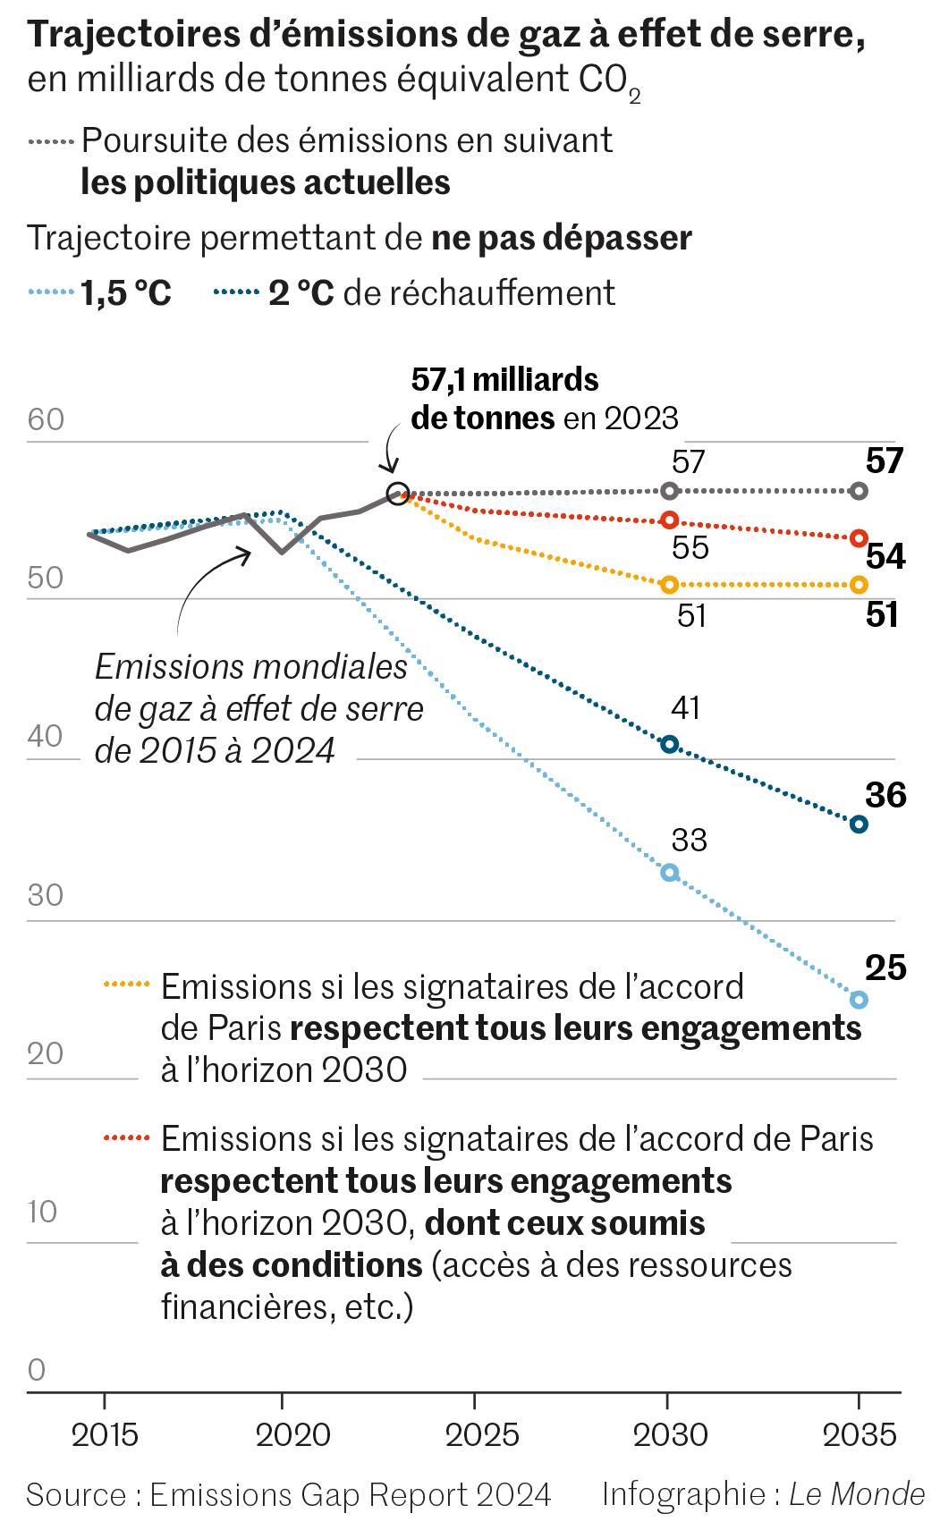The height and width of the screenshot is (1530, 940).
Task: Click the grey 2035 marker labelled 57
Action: point(859,491)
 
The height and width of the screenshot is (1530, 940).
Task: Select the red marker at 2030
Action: point(669,520)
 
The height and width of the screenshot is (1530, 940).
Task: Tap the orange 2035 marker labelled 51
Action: point(859,585)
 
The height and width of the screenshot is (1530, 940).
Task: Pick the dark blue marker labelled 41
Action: point(669,744)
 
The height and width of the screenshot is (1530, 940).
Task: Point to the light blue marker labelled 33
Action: point(669,873)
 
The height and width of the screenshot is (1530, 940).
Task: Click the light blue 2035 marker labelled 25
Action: point(859,1000)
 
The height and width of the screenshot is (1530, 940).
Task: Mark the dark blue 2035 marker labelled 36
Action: point(859,824)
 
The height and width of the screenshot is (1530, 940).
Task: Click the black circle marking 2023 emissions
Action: point(398,493)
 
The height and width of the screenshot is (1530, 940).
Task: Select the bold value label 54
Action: point(885,556)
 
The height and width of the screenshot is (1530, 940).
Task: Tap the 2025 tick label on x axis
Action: point(482,1435)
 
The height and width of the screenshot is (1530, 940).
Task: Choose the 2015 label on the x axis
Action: point(105,1435)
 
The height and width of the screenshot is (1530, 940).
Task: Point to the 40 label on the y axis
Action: point(45,737)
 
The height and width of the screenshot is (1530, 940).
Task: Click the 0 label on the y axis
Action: point(37,1370)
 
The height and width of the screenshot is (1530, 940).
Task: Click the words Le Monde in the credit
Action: point(857,1494)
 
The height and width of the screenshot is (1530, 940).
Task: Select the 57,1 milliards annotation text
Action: point(504,380)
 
